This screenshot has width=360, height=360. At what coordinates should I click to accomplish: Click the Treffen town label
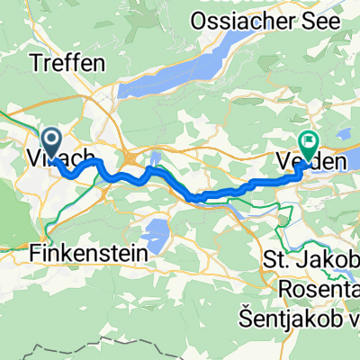coord(68,63)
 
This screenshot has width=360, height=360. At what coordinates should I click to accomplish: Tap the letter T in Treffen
coord(36,63)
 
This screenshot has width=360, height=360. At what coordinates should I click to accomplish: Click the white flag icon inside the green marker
coord(309,140)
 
